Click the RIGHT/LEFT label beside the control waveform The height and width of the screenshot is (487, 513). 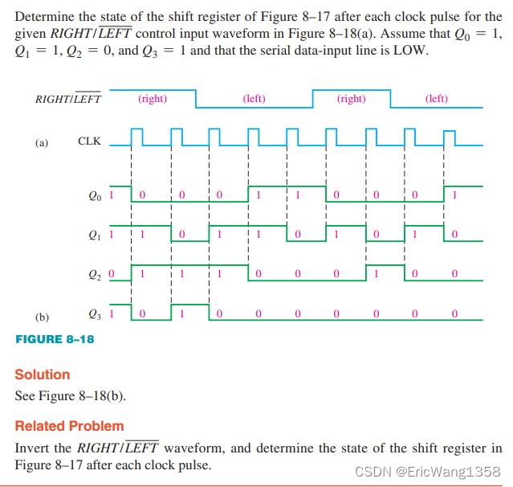(68, 100)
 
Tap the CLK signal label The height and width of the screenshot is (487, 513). (89, 141)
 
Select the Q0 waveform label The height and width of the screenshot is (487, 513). (96, 194)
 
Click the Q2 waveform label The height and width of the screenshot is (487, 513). (96, 274)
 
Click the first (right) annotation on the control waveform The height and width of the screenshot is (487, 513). (153, 99)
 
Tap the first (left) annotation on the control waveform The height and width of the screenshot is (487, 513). (254, 99)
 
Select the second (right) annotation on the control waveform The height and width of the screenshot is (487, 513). (351, 99)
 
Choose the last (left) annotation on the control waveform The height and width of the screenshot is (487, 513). (437, 99)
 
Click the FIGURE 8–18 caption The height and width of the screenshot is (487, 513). (55, 339)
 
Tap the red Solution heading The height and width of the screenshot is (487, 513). (43, 374)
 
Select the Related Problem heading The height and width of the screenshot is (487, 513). (70, 426)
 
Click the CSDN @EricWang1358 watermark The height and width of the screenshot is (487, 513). (428, 471)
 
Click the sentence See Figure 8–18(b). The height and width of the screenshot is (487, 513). (71, 396)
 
